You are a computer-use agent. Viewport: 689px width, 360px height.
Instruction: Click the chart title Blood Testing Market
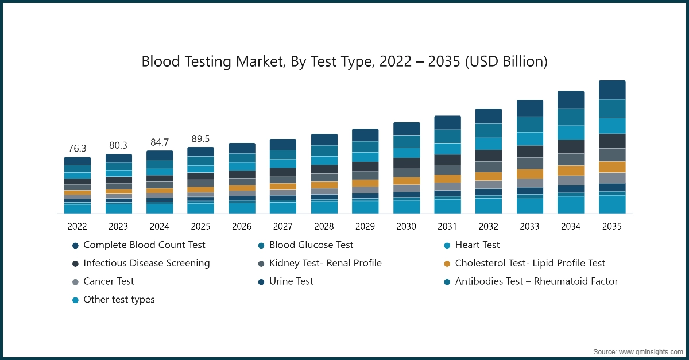click(x=344, y=61)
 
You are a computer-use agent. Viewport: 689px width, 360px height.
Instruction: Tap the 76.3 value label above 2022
click(x=77, y=149)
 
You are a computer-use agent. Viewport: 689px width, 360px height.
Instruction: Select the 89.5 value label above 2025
click(x=200, y=139)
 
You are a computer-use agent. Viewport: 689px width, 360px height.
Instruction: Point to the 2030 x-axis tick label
click(x=407, y=227)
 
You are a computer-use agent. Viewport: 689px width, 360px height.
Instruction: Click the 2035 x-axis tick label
click(x=612, y=227)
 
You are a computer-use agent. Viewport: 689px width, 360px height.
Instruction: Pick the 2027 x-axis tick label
click(x=283, y=227)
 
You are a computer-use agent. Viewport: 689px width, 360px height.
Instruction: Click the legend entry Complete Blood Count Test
click(x=144, y=245)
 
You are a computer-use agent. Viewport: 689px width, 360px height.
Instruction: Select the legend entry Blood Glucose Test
click(x=311, y=245)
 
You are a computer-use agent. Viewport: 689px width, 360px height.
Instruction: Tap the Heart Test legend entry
click(x=477, y=245)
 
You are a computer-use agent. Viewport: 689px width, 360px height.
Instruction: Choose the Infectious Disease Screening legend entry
click(x=146, y=264)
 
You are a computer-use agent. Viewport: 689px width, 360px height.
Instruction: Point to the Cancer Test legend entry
click(x=109, y=282)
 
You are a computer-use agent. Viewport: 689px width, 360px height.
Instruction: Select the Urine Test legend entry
click(x=291, y=282)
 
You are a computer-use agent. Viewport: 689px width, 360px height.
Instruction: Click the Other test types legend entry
click(x=119, y=300)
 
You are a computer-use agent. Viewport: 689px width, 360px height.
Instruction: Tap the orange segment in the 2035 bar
click(x=612, y=167)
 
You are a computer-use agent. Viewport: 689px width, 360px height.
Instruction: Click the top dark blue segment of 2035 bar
click(x=612, y=90)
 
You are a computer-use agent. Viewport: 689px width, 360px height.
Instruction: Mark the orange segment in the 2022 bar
click(x=77, y=193)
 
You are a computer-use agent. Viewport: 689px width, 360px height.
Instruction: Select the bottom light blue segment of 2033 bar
click(x=530, y=206)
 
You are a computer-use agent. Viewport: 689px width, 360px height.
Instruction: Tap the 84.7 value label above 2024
click(x=159, y=142)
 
